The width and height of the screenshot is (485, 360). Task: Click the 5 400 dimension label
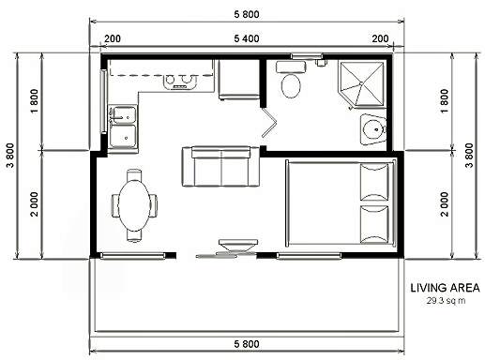click(247, 38)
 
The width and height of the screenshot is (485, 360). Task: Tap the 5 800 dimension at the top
click(247, 14)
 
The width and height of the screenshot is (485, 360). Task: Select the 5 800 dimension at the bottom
click(247, 344)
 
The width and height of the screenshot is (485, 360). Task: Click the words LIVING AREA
click(445, 288)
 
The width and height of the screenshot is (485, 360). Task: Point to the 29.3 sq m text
click(446, 301)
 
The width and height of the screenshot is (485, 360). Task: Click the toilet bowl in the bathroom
click(291, 85)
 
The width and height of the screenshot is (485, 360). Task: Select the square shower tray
click(362, 84)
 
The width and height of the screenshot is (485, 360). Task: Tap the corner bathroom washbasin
click(372, 129)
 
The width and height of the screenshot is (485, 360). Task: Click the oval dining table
click(134, 205)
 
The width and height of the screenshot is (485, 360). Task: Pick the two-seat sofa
click(220, 167)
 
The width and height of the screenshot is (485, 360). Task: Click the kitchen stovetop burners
click(179, 81)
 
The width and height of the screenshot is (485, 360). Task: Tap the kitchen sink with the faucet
click(123, 114)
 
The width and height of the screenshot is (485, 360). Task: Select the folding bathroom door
click(268, 122)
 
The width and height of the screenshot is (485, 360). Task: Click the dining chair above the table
click(134, 175)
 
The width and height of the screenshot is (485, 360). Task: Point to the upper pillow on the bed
click(374, 182)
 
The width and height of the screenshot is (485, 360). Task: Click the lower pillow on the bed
click(374, 224)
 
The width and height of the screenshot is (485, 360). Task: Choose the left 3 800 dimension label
click(10, 156)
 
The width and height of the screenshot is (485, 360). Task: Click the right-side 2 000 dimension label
click(444, 204)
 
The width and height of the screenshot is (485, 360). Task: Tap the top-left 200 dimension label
click(113, 38)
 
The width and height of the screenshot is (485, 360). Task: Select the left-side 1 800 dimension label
click(35, 101)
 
